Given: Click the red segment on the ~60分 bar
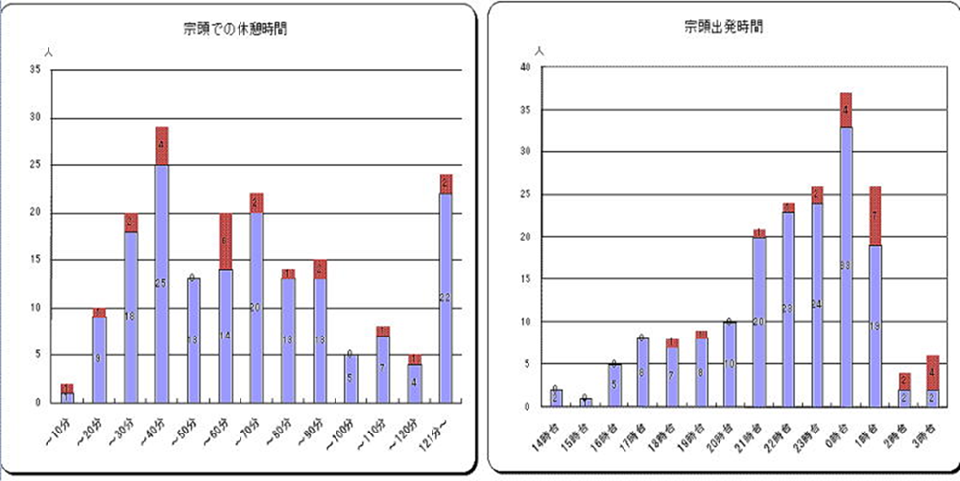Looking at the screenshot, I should pos(225,240).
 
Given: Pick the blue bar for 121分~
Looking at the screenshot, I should pos(446,297).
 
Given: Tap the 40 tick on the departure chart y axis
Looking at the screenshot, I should pos(526,67).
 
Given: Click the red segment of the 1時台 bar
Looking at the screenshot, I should pos(875,216).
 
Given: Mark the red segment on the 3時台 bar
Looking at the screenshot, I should pos(933,372).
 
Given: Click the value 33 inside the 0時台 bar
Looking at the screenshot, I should pos(846,266).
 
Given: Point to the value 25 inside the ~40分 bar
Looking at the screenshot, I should pos(161,284).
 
